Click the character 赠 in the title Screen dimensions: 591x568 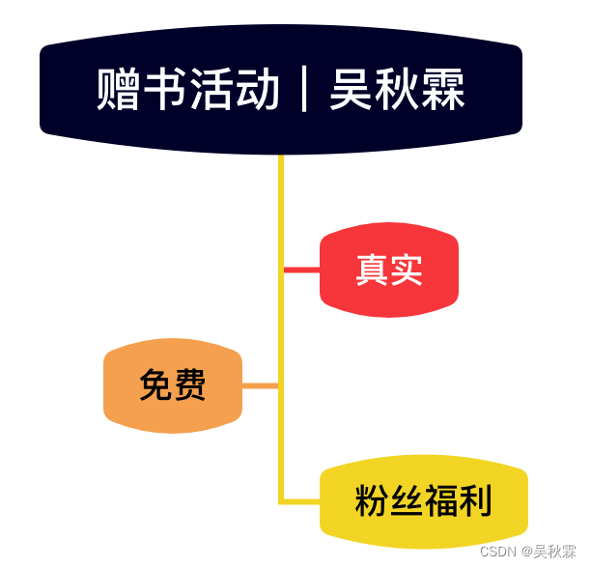(x=120, y=90)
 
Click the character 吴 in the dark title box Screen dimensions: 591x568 (x=352, y=90)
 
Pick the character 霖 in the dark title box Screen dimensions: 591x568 (x=444, y=90)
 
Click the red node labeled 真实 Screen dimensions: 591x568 (x=389, y=270)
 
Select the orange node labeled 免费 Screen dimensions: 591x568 (x=173, y=385)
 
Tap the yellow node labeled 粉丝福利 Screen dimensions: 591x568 (x=424, y=501)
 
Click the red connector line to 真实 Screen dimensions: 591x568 (x=301, y=270)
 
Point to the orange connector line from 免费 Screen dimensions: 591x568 (x=260, y=385)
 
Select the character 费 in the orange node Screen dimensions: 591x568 (x=190, y=385)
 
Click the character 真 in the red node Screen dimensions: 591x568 (x=372, y=270)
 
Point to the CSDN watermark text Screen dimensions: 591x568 (x=498, y=552)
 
